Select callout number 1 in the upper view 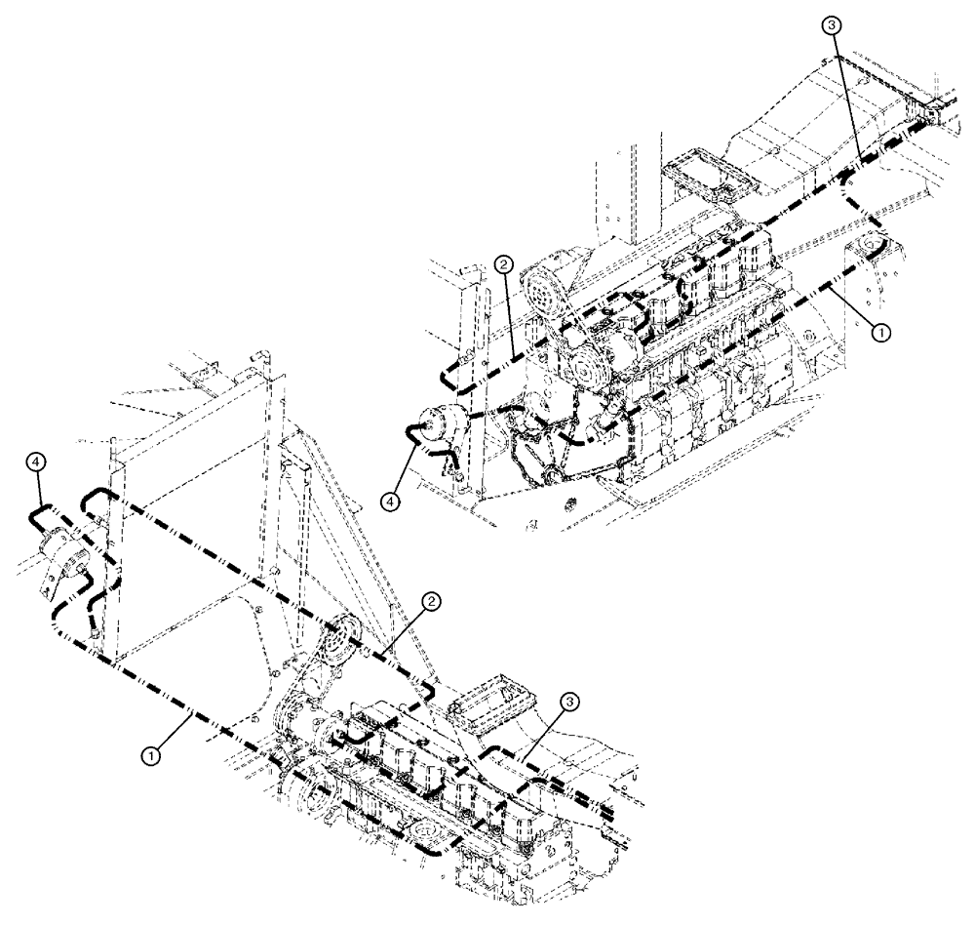point(879,333)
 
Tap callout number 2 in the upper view point(502,263)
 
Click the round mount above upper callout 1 point(867,248)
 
